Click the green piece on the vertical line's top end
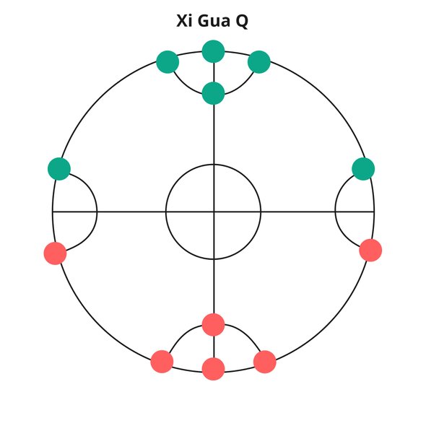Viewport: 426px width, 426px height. pyautogui.click(x=213, y=51)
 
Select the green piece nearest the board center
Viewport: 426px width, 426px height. pyautogui.click(x=213, y=93)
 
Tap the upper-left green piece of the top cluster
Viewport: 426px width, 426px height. pyautogui.click(x=168, y=62)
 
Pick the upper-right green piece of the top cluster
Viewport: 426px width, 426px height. pyautogui.click(x=259, y=62)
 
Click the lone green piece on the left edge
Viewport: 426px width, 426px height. pyautogui.click(x=59, y=169)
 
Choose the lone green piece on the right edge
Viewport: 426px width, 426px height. pyautogui.click(x=363, y=169)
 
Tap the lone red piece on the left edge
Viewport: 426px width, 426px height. pyautogui.click(x=55, y=253)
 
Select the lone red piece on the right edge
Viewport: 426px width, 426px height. pyautogui.click(x=370, y=251)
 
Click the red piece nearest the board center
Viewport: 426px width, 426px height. pyautogui.click(x=213, y=325)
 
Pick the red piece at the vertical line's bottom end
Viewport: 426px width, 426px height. pyautogui.click(x=213, y=369)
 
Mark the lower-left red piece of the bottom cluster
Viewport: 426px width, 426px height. pyautogui.click(x=162, y=362)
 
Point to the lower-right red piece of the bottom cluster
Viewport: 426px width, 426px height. pyautogui.click(x=264, y=362)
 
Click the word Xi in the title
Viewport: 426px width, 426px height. pyautogui.click(x=184, y=21)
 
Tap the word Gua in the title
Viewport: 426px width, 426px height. pyautogui.click(x=214, y=21)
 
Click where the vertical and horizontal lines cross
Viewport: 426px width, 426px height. pyautogui.click(x=214, y=212)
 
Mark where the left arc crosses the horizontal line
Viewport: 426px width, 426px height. pyautogui.click(x=97, y=212)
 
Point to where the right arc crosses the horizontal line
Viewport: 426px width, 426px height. pyautogui.click(x=336, y=212)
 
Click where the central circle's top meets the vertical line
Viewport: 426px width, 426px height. pyautogui.click(x=214, y=165)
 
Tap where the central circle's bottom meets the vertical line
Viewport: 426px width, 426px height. pyautogui.click(x=214, y=259)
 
